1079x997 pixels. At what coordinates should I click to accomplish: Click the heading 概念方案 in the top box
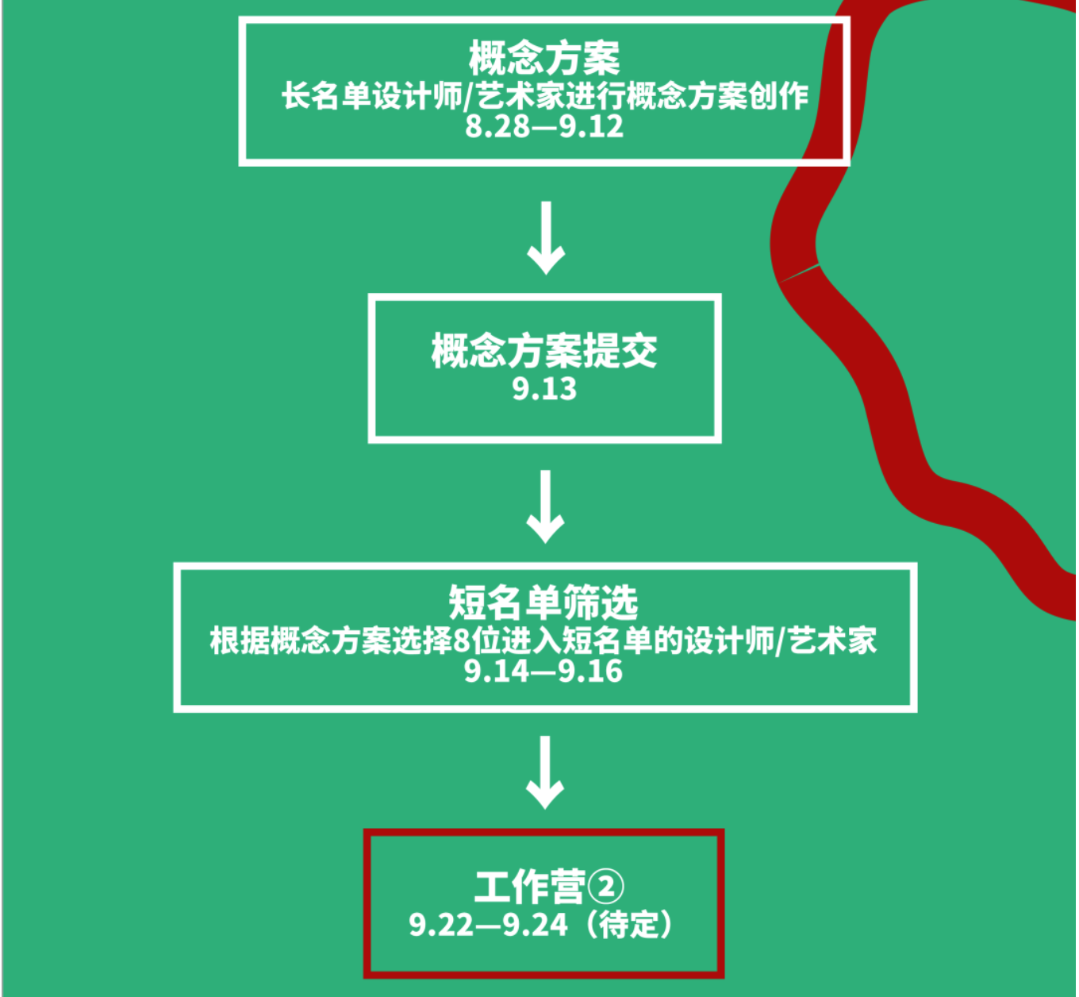[543, 57]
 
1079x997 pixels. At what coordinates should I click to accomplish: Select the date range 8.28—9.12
[543, 126]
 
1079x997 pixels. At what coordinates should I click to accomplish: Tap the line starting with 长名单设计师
[543, 96]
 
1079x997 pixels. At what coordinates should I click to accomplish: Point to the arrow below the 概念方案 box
[546, 238]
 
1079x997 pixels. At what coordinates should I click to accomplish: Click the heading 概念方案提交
[543, 351]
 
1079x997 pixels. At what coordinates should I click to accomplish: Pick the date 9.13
[543, 389]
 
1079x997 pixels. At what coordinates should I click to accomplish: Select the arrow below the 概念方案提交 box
[546, 506]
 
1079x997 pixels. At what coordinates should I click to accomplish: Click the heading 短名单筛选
[543, 602]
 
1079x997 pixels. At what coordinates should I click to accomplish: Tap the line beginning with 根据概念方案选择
[543, 641]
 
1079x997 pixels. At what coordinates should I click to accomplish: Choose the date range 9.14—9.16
[543, 672]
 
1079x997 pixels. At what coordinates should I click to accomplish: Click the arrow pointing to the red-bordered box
[546, 772]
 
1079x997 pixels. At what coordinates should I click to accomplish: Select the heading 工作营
[529, 887]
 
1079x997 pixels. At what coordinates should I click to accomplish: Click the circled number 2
[607, 887]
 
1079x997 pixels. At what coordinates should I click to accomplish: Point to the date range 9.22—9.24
[489, 925]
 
